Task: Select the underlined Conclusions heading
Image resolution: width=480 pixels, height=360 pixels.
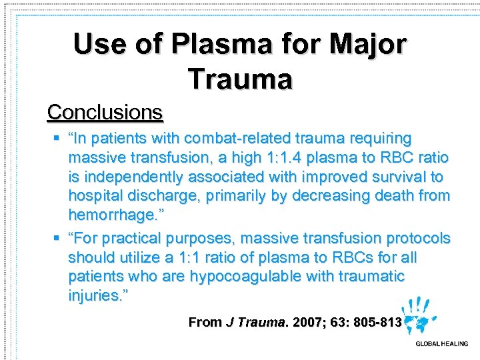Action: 105,112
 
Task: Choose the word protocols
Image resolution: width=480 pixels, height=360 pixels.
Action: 418,238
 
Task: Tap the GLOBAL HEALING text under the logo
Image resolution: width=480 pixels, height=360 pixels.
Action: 442,344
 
